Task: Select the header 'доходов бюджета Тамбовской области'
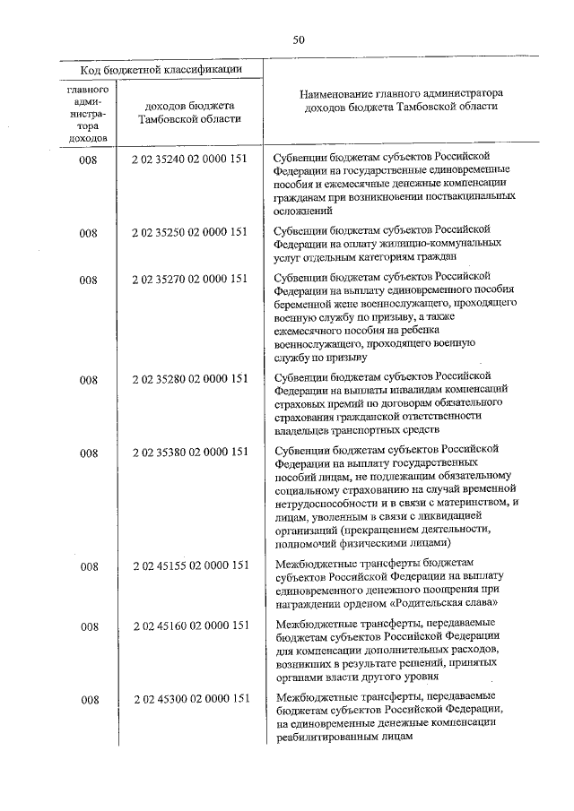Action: coord(188,112)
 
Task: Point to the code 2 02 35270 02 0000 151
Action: coord(188,279)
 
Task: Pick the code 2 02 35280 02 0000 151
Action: coord(188,379)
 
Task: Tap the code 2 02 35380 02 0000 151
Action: coord(188,452)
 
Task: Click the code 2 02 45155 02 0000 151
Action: coord(188,565)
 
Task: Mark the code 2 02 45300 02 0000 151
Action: coord(188,699)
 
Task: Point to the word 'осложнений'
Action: coord(304,211)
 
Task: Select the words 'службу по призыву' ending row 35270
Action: coord(318,357)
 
